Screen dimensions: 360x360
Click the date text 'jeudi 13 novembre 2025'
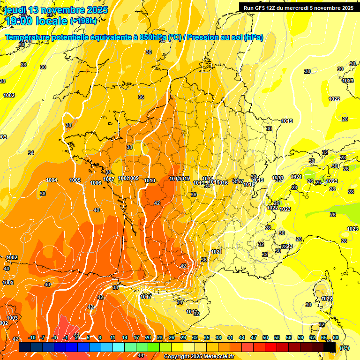pos(56,10)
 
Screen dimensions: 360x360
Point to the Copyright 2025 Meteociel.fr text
pos(199,357)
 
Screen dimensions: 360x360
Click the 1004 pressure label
pos(52,180)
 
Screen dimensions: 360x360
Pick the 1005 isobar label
pos(75,180)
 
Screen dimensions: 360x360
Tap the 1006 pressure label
pos(96,183)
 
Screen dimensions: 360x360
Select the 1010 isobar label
pos(150,181)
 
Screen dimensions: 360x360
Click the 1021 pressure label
pos(216,252)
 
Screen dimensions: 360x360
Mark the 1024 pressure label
pos(296,177)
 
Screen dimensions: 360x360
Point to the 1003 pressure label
pos(12,318)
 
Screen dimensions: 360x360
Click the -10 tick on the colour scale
pos(32,338)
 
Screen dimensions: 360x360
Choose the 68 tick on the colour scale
pos(336,338)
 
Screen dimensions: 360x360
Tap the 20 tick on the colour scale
pos(148,338)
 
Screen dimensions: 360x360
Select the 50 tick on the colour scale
pos(265,338)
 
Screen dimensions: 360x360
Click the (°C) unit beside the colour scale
pos(345,348)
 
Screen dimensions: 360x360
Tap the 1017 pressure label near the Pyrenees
pos(146,297)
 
